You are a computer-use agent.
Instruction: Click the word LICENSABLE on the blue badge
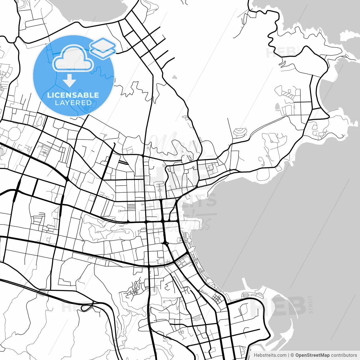coord(73,95)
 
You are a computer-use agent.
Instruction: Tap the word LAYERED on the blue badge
coord(73,103)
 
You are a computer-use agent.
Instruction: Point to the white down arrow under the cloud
coord(69,81)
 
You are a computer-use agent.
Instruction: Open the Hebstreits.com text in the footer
coord(270,355)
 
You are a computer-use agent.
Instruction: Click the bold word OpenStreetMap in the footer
coord(312,355)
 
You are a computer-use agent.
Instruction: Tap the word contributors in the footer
coord(344,355)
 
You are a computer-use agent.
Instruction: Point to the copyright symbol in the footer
coord(292,355)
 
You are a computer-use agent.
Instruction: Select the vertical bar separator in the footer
coord(289,355)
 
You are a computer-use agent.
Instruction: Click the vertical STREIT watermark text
coord(310,304)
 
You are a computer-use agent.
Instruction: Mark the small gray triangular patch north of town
coord(175,76)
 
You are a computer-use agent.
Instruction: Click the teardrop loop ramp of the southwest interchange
coord(85,307)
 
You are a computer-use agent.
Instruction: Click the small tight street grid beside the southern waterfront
coord(217,298)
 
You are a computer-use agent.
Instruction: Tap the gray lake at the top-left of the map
coord(93,8)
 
